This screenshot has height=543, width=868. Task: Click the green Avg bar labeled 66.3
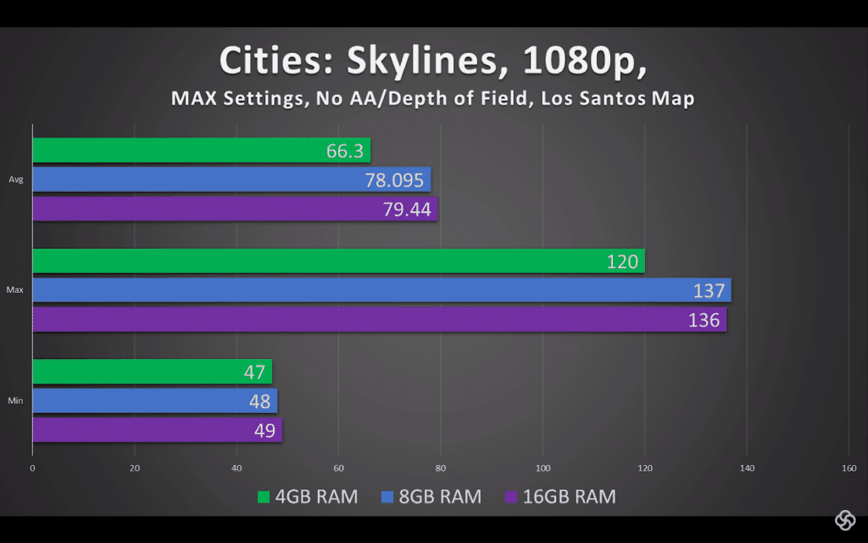pyautogui.click(x=201, y=151)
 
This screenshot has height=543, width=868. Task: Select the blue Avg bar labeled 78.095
pyautogui.click(x=231, y=180)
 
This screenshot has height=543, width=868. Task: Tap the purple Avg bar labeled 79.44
pyautogui.click(x=235, y=209)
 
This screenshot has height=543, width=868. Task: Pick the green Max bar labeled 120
pyautogui.click(x=338, y=261)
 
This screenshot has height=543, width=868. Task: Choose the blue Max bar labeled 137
pyautogui.click(x=381, y=290)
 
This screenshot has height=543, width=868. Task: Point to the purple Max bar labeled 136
pyautogui.click(x=379, y=319)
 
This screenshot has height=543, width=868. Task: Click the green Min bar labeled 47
pyautogui.click(x=152, y=372)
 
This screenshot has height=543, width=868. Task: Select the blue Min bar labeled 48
pyautogui.click(x=154, y=400)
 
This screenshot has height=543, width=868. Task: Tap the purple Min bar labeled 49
pyautogui.click(x=157, y=429)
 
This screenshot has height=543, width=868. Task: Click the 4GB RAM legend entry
pyautogui.click(x=307, y=496)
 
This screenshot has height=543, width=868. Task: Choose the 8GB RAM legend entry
pyautogui.click(x=431, y=496)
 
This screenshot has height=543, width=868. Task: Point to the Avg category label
pyautogui.click(x=16, y=180)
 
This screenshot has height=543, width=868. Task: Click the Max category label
pyautogui.click(x=14, y=290)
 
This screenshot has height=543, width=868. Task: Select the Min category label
pyautogui.click(x=15, y=400)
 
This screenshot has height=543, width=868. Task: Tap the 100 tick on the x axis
pyautogui.click(x=542, y=468)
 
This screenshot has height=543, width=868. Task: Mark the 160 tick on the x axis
pyautogui.click(x=849, y=468)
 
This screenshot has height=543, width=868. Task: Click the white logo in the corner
pyautogui.click(x=844, y=519)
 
